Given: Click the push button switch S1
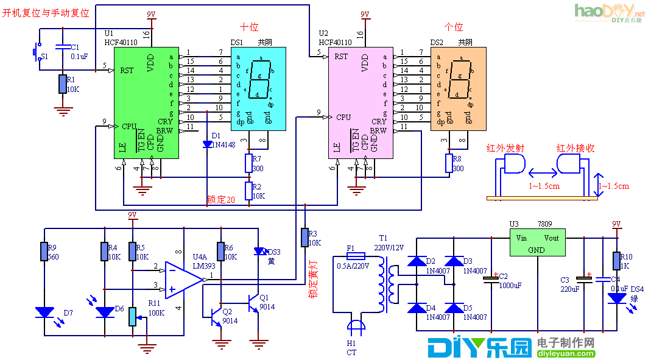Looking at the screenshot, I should [x=36, y=52].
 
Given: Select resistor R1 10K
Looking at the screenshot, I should [x=62, y=84].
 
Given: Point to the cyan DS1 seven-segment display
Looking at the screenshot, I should [x=258, y=89].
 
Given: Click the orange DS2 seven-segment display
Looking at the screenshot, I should [x=459, y=89].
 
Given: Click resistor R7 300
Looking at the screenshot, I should [x=248, y=163].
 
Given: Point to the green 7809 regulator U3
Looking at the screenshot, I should [x=537, y=243].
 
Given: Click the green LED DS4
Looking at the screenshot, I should [x=616, y=298].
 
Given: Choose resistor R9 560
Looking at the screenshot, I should [x=44, y=252].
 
